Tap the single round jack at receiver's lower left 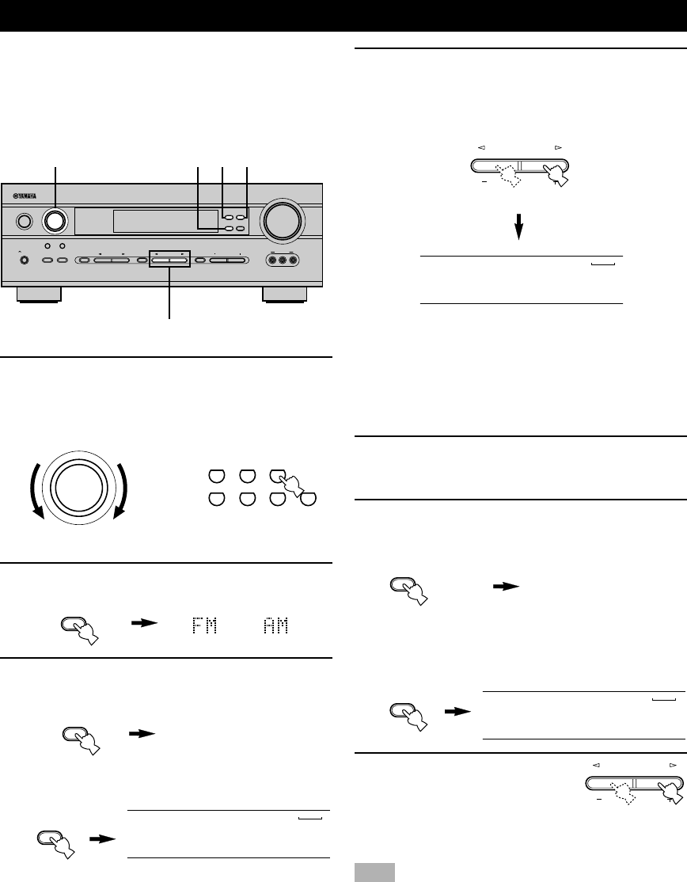tap(24, 260)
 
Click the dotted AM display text tap(275, 625)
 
